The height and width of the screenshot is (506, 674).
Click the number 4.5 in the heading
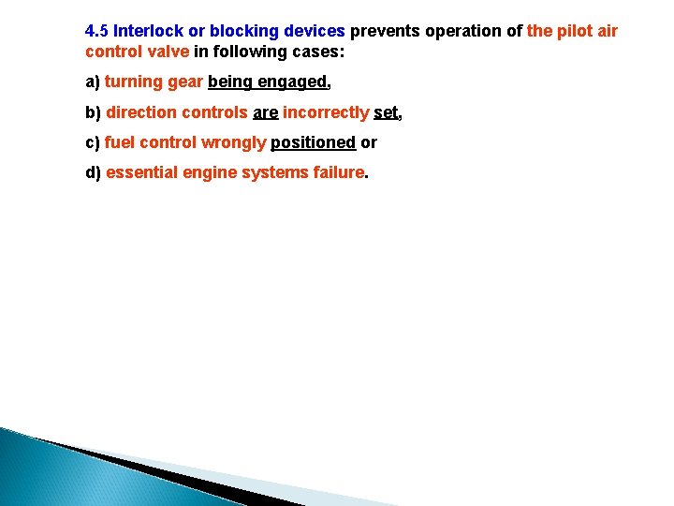point(96,31)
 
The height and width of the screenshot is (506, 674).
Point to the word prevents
point(385,31)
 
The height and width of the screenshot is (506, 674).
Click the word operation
point(463,31)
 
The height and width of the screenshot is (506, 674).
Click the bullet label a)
point(93,82)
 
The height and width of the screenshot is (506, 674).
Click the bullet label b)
point(94,112)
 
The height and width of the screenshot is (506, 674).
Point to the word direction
point(140,112)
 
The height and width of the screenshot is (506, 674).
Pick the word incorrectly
point(326,112)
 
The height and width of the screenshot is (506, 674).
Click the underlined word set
point(386,112)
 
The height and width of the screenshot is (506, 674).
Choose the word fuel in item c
point(120,142)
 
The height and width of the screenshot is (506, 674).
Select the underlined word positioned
point(313,142)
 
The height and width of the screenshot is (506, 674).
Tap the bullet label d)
point(94,172)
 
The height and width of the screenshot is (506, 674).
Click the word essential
point(142,172)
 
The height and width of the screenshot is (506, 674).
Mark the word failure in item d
point(337,172)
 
